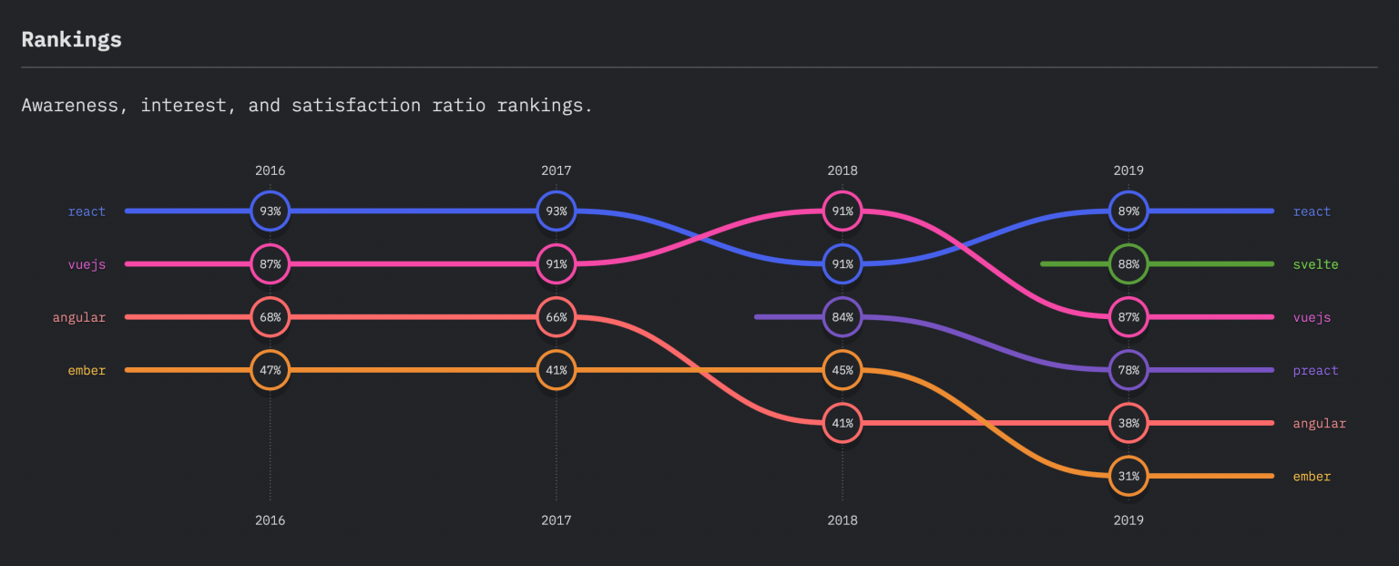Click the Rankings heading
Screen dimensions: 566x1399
(71, 40)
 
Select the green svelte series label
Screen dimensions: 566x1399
(1315, 264)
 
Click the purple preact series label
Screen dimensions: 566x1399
(1315, 371)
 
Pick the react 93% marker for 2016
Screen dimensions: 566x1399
(270, 211)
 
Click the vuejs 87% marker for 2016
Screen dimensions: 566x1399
(270, 264)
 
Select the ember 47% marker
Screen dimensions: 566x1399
(270, 370)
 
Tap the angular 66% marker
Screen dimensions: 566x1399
(556, 317)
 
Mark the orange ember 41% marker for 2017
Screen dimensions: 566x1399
(556, 370)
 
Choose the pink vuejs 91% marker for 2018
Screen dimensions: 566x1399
(842, 211)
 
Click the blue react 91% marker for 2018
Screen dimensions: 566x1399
(842, 264)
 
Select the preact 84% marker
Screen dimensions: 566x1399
(842, 317)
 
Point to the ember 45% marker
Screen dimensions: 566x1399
(842, 370)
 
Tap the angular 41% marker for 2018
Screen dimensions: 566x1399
(842, 423)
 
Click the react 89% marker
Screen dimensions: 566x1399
(1128, 211)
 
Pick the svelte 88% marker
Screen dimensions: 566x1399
(1128, 264)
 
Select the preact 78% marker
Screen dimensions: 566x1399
(1128, 370)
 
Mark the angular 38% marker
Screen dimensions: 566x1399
(1128, 423)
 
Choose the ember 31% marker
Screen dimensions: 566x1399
(1128, 476)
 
